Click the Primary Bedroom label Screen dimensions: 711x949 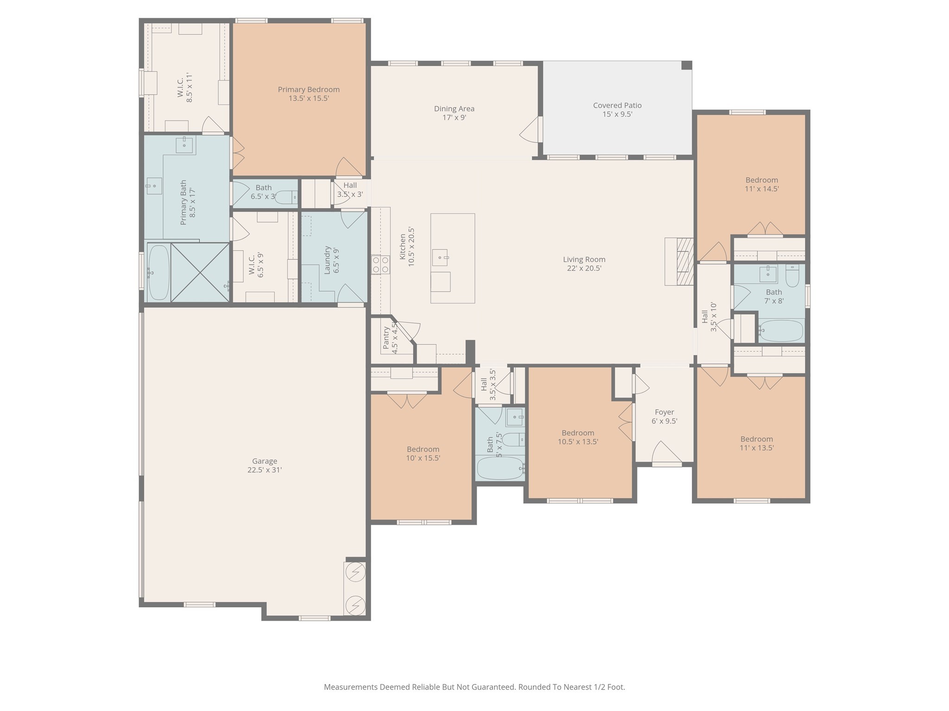[308, 89]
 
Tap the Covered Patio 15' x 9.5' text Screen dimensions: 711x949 [617, 110]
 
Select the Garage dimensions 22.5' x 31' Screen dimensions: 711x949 [265, 470]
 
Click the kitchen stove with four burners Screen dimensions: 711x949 [380, 264]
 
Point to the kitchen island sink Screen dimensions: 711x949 [440, 257]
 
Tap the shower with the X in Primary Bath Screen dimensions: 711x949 [200, 273]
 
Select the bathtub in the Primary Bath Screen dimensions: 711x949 [158, 273]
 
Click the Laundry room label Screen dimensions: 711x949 [327, 260]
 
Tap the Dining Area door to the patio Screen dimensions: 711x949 [531, 130]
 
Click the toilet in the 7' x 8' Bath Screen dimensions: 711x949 [792, 276]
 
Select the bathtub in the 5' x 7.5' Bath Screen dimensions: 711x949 [500, 468]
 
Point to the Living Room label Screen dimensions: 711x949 [584, 259]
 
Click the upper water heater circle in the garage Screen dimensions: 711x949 [355, 573]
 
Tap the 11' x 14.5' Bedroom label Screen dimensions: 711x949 [761, 180]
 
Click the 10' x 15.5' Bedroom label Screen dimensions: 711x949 [423, 449]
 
